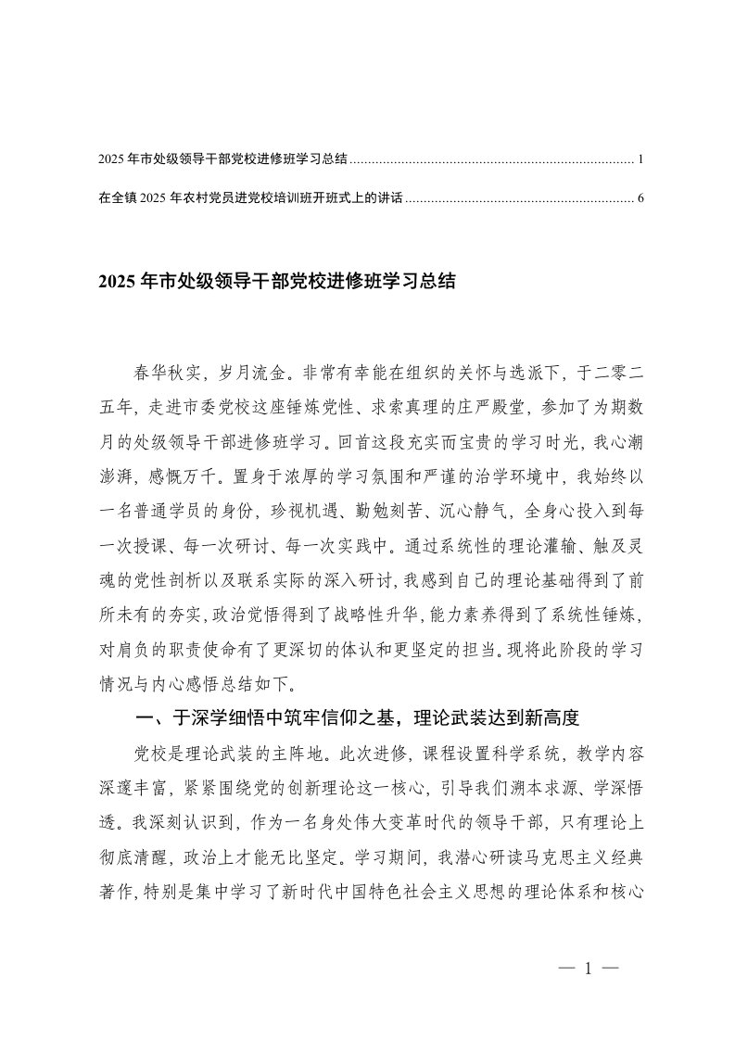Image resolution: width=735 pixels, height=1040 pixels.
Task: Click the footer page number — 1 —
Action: pos(589,970)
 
